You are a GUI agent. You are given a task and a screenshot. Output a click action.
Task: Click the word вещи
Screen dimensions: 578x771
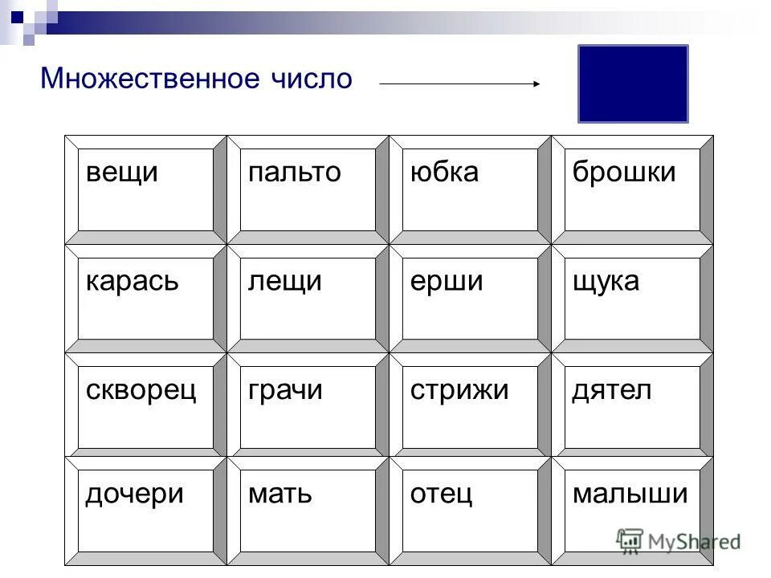pyautogui.click(x=121, y=173)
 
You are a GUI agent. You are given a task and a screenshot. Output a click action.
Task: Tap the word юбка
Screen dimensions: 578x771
pyautogui.click(x=444, y=173)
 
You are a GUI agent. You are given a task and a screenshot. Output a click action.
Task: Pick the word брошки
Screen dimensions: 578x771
pyautogui.click(x=624, y=173)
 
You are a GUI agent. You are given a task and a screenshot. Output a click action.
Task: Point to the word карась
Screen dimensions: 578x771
pyautogui.click(x=133, y=282)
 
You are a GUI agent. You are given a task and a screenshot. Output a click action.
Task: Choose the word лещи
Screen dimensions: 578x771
pyautogui.click(x=285, y=282)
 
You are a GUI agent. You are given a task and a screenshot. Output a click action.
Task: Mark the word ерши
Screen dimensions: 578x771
pyautogui.click(x=447, y=282)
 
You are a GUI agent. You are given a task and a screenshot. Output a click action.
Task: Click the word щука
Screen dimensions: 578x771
pyautogui.click(x=606, y=282)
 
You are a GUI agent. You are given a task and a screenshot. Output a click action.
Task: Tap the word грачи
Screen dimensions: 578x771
pyautogui.click(x=285, y=391)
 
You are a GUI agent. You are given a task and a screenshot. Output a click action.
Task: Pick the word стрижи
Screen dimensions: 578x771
pyautogui.click(x=459, y=391)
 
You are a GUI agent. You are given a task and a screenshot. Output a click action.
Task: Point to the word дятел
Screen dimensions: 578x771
pyautogui.click(x=611, y=391)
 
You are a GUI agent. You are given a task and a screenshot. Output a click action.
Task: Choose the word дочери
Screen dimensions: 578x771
pyautogui.click(x=135, y=494)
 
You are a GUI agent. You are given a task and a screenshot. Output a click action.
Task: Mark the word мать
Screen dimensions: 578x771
pyautogui.click(x=279, y=494)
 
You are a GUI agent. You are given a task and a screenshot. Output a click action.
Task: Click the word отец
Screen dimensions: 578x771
pyautogui.click(x=441, y=494)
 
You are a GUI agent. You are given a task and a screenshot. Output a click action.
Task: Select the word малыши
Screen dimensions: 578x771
pyautogui.click(x=630, y=494)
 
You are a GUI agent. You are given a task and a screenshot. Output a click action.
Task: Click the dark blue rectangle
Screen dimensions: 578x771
pyautogui.click(x=633, y=83)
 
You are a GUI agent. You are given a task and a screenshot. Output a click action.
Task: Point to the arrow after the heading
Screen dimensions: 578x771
pyautogui.click(x=459, y=82)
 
